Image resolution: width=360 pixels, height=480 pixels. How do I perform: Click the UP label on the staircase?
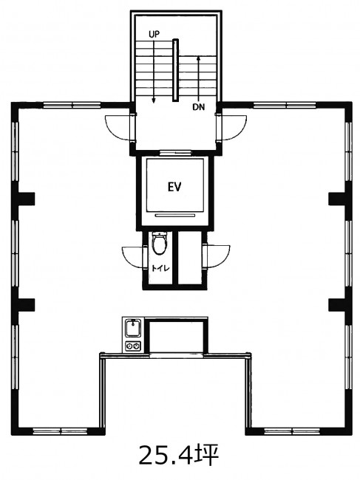154,34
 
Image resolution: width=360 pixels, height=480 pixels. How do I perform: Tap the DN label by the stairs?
198,107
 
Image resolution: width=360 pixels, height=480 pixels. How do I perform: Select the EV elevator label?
174,187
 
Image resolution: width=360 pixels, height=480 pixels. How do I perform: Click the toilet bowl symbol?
160,243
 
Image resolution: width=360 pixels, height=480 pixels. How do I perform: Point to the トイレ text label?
160,269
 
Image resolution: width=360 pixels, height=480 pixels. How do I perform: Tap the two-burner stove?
133,346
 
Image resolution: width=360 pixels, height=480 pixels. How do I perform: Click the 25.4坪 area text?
180,455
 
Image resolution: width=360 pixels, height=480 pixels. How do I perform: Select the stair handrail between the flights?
175,70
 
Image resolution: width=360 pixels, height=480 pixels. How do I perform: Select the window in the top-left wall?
72,106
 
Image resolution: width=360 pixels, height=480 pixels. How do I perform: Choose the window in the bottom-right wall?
292,432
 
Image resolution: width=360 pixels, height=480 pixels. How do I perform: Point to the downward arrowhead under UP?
154,100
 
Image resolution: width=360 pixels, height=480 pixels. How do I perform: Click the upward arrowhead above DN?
199,58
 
